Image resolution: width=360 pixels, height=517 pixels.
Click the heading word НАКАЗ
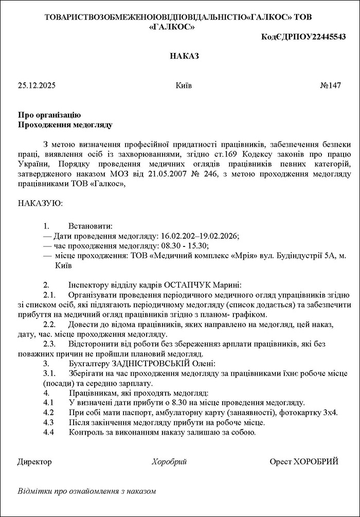pos(184,56)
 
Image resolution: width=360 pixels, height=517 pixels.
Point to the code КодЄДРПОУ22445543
pos(303,37)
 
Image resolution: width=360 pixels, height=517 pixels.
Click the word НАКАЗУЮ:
pos(40,203)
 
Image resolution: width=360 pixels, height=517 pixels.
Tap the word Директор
pos(34,461)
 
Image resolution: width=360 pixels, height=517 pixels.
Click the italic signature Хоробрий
pos(169,461)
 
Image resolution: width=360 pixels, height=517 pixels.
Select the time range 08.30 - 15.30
pos(185,246)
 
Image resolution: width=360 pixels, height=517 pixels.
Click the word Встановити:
pos(90,226)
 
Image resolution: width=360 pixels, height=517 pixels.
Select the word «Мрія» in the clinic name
pos(244,256)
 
